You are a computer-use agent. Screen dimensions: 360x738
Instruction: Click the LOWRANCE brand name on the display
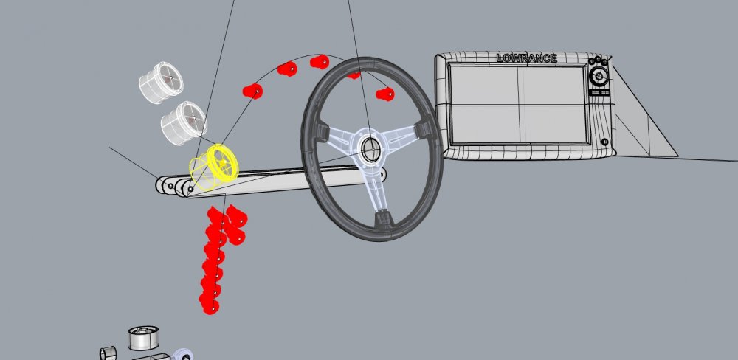(x=526, y=58)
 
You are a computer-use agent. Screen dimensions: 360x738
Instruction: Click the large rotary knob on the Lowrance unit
(x=599, y=76)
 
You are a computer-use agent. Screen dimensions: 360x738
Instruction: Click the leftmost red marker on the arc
(x=253, y=91)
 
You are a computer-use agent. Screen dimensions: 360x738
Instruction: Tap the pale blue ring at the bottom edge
(x=184, y=354)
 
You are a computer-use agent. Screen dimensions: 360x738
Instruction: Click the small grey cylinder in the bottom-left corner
(x=108, y=352)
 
